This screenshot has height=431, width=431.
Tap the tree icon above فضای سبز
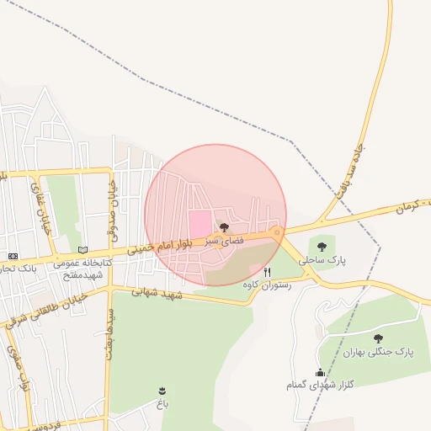223,227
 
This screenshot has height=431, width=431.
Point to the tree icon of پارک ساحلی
322,247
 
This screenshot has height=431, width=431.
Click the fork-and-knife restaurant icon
268,272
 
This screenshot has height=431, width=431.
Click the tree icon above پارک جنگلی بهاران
376,338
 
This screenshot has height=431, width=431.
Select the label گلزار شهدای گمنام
318,385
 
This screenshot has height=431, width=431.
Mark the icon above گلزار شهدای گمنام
319,372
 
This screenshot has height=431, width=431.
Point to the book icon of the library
82,250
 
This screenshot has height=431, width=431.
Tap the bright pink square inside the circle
198,224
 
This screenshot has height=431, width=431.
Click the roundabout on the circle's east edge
277,232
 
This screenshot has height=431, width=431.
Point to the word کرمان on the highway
414,206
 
